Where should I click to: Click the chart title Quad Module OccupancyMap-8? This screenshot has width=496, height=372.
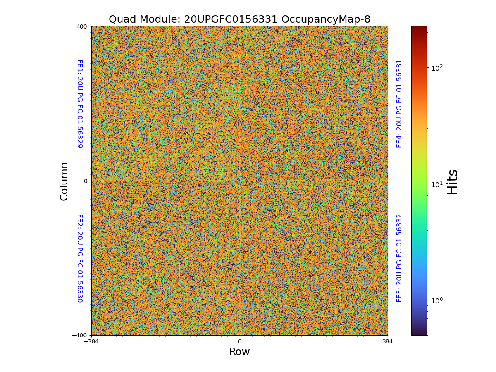click(239, 19)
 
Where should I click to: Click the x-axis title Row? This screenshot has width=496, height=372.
click(239, 352)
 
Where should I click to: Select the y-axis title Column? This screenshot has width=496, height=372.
click(64, 181)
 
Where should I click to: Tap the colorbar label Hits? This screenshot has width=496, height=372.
click(453, 181)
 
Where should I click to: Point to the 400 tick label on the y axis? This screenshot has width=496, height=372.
click(81, 26)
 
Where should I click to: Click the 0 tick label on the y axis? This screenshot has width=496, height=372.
click(86, 181)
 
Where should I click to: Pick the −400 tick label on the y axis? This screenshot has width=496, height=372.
click(79, 335)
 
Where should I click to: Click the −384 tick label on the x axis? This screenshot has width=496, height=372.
click(91, 341)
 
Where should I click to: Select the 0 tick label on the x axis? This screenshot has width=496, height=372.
click(239, 341)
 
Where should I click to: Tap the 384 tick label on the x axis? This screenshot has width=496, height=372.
click(388, 341)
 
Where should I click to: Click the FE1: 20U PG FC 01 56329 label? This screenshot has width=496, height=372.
click(80, 103)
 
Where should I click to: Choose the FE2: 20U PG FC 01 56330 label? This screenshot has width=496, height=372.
click(80, 258)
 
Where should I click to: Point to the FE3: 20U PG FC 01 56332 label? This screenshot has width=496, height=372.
click(399, 258)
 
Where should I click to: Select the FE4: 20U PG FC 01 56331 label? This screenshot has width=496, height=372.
click(399, 103)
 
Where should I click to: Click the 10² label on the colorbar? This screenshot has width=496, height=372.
click(437, 67)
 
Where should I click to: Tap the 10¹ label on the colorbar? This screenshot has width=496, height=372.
click(437, 184)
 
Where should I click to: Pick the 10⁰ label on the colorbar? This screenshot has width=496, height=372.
click(437, 300)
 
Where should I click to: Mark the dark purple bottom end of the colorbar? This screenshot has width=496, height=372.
click(419, 333)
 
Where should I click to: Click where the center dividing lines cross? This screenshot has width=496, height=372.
click(240, 181)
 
